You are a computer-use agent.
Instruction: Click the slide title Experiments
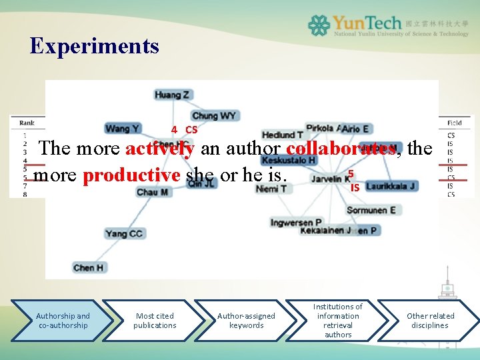point(94,45)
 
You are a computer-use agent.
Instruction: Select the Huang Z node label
point(172,95)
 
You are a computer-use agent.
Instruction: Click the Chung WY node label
point(214,115)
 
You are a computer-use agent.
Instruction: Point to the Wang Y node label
point(123,128)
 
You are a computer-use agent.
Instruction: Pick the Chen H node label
point(88,267)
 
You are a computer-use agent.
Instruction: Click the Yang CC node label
point(124,233)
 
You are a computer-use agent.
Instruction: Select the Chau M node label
point(152,192)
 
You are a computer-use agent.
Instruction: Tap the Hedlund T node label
point(282,135)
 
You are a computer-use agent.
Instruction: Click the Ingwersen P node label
point(296,222)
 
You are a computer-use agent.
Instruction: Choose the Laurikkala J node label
point(391,186)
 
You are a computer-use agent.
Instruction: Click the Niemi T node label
point(271,189)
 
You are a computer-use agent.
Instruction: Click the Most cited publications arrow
point(155,321)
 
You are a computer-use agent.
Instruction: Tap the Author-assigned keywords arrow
point(246,321)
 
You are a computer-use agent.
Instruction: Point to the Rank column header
point(27,123)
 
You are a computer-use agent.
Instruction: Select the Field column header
point(455,123)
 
